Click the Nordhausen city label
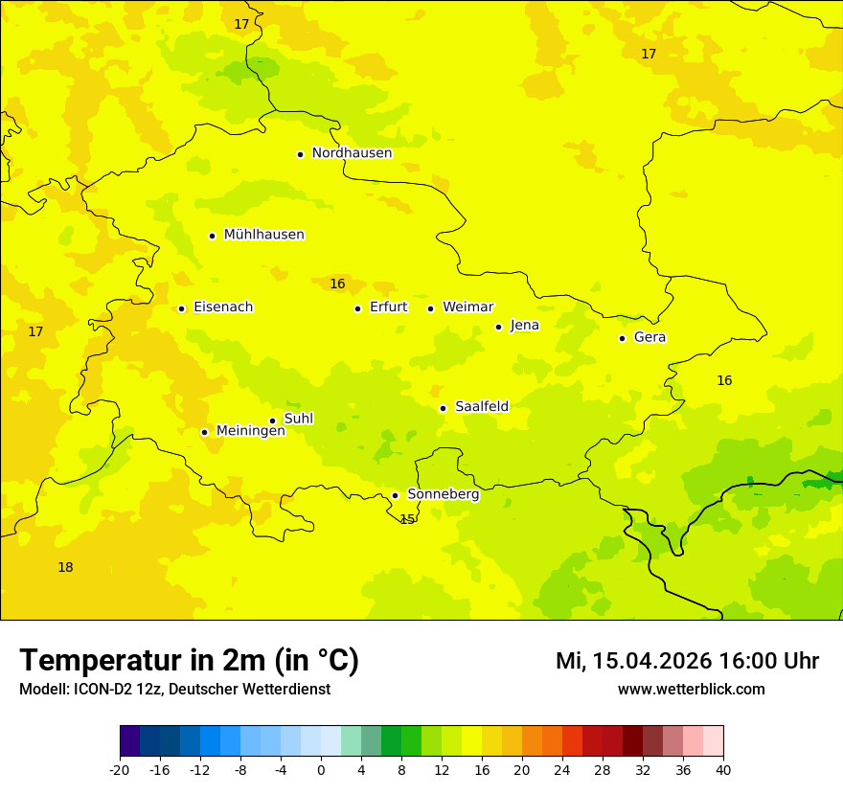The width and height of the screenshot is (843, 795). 352,153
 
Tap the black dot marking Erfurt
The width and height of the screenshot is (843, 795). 357,308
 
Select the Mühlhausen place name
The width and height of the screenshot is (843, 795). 263,235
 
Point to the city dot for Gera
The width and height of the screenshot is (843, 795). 622,338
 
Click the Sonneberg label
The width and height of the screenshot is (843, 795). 443,494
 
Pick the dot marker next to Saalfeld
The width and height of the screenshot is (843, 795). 443,408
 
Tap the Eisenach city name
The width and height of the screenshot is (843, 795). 223,307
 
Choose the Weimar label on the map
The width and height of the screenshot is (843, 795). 467,307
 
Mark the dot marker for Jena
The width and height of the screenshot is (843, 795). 498,327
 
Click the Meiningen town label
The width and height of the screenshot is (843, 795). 250,431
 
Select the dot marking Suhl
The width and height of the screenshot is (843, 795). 272,420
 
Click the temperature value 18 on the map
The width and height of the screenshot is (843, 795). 65,567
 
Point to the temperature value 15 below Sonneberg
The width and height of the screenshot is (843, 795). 407,519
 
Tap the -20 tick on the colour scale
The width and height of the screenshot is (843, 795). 120,769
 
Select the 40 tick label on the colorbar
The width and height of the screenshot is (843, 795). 723,769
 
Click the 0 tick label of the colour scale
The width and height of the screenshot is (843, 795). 321,769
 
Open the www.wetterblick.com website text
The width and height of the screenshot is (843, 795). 691,690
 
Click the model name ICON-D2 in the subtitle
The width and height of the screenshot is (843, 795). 104,690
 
